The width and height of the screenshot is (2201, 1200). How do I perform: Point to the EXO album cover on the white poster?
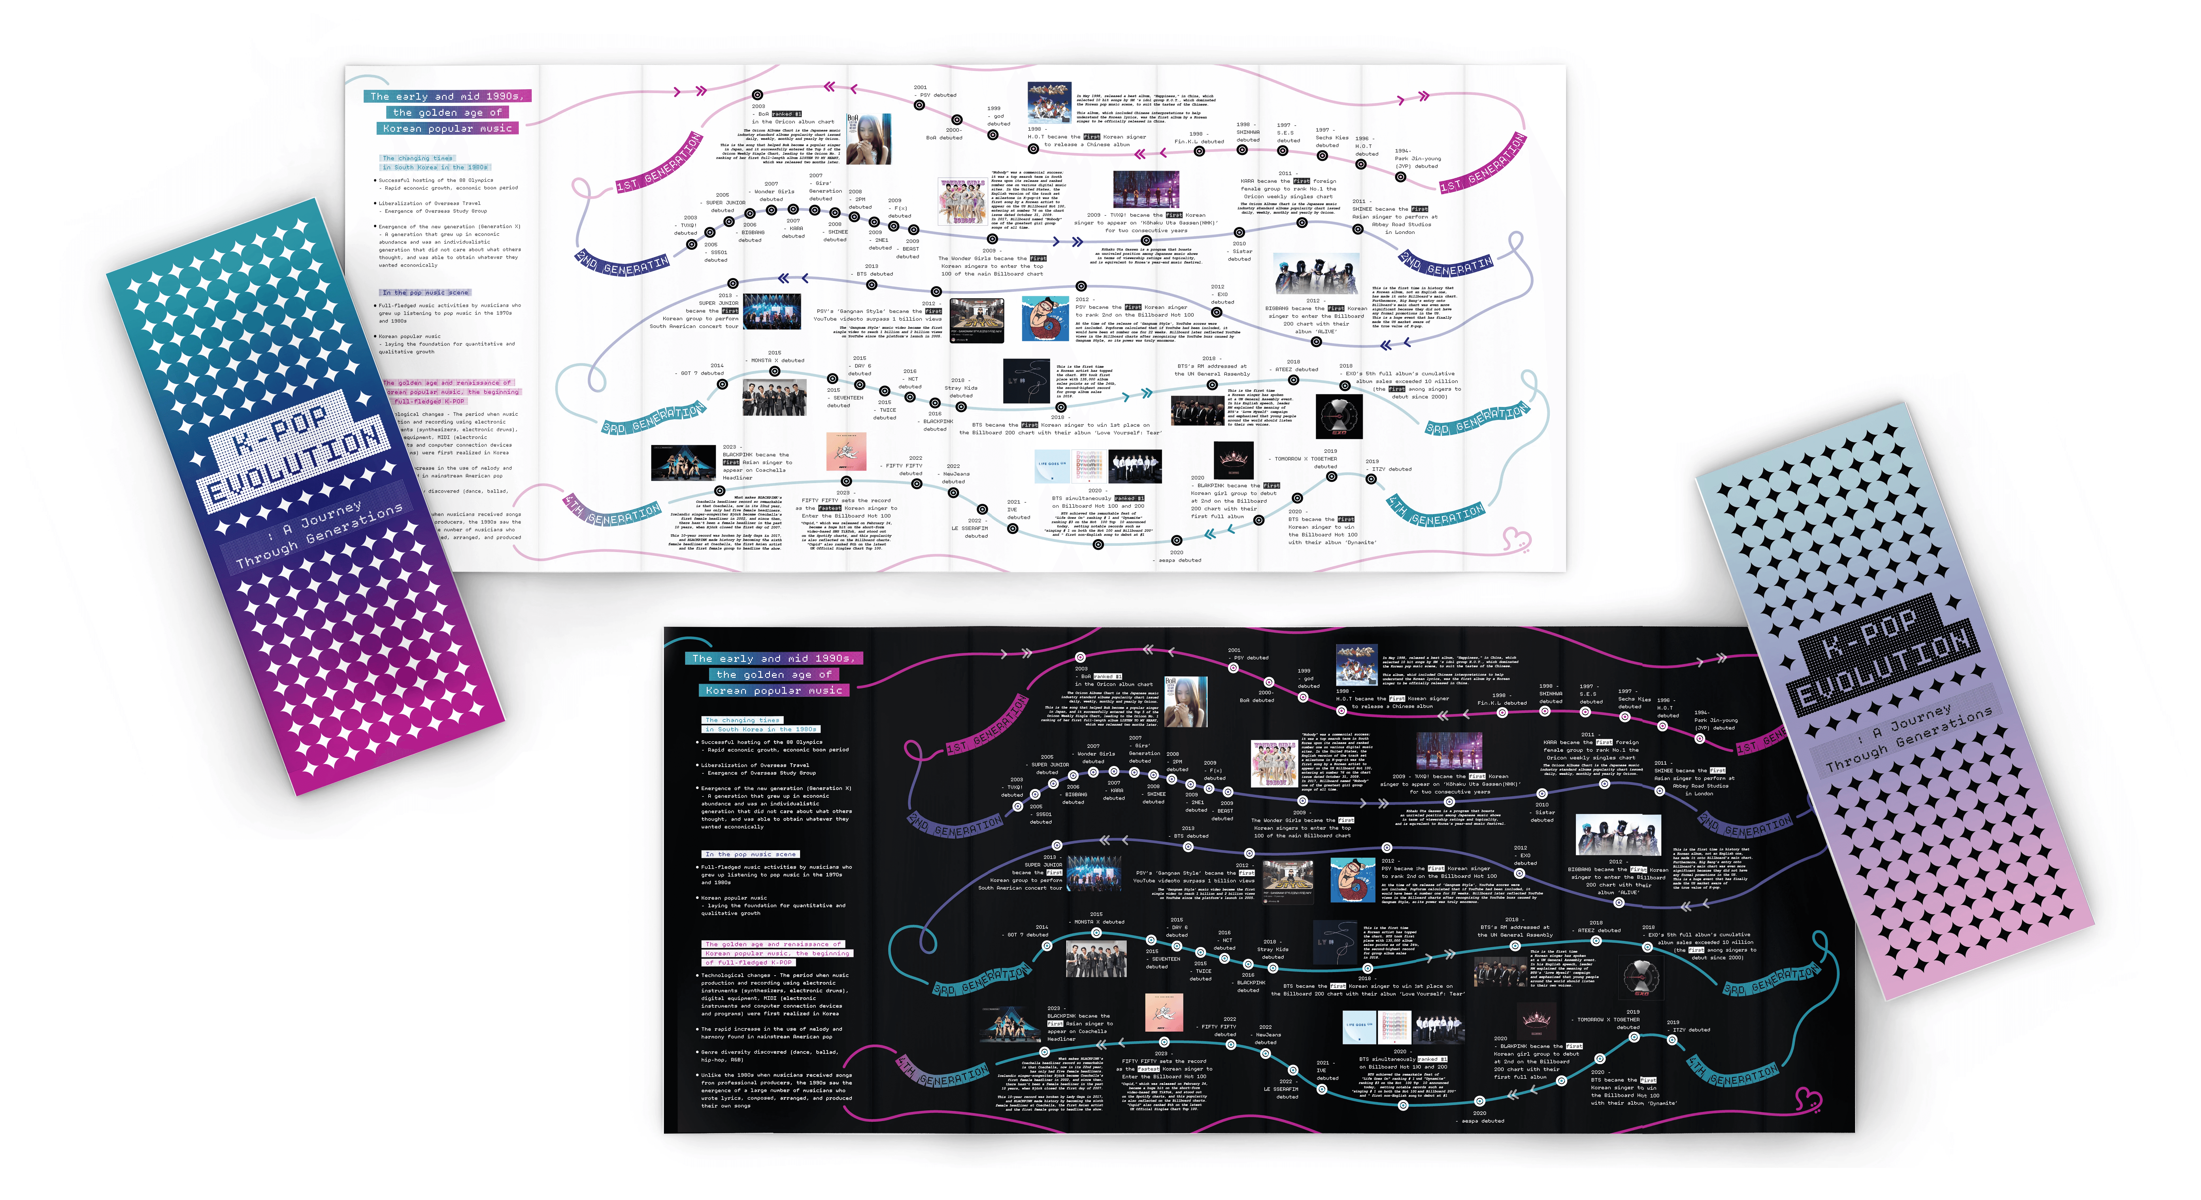1338,416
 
